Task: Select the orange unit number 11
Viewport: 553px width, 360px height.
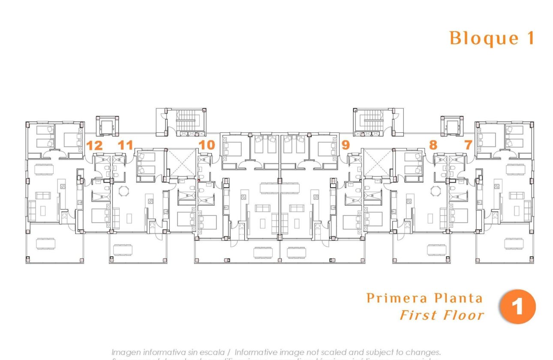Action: pyautogui.click(x=125, y=145)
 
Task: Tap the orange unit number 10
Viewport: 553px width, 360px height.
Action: pyautogui.click(x=207, y=145)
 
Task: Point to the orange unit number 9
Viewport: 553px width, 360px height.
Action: pyautogui.click(x=346, y=145)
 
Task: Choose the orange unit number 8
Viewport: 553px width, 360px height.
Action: pyautogui.click(x=433, y=145)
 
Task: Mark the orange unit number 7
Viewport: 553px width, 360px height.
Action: pyautogui.click(x=468, y=145)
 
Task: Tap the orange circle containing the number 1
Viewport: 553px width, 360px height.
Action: pyautogui.click(x=518, y=307)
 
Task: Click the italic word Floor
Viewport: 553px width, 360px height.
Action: pyautogui.click(x=463, y=315)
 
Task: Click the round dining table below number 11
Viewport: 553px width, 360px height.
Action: pyautogui.click(x=124, y=190)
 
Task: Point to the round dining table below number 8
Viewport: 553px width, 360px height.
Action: pyautogui.click(x=436, y=190)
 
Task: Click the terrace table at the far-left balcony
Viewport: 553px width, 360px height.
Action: pyautogui.click(x=45, y=243)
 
